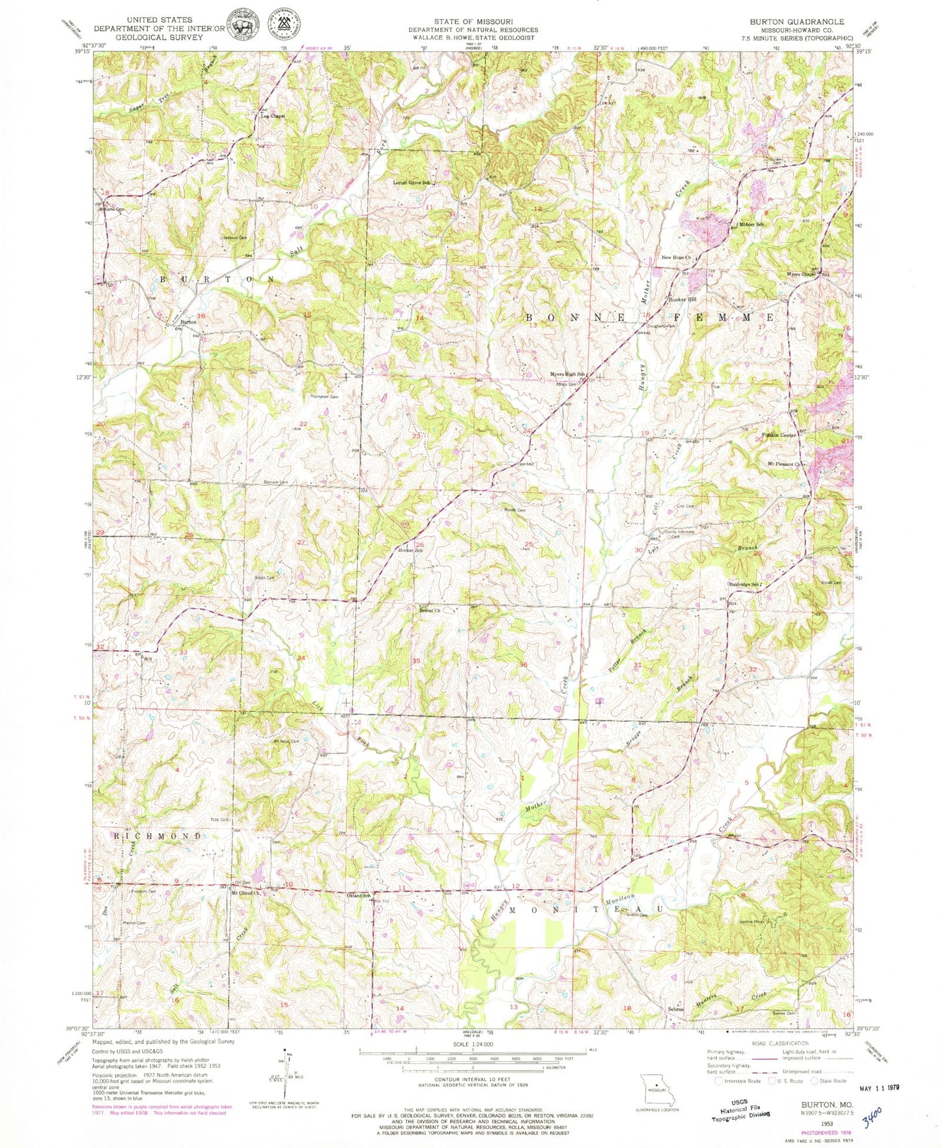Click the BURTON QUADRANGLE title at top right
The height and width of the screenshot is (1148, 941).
point(796,21)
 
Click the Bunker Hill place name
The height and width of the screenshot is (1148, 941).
point(682,300)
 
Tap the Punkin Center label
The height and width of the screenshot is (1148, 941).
point(779,434)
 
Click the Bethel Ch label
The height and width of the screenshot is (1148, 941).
point(430,610)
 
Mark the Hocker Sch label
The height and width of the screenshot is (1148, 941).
point(410,551)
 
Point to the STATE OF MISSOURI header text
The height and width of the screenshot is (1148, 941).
point(473,21)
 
